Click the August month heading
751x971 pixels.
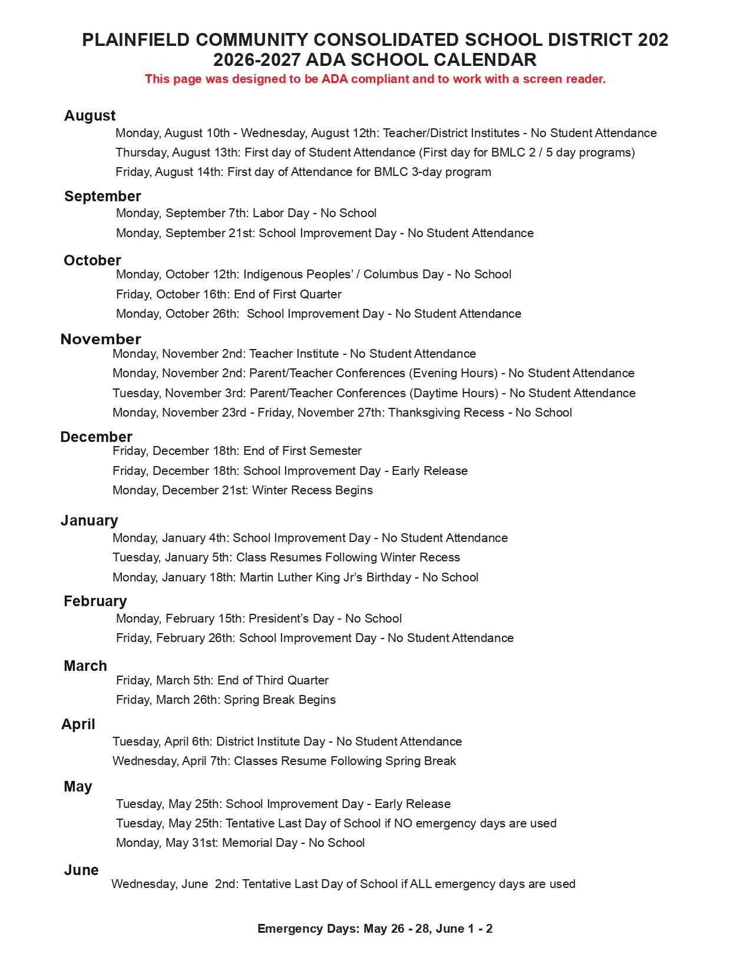(x=90, y=115)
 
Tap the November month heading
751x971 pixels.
(x=101, y=339)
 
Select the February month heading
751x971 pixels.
(x=95, y=601)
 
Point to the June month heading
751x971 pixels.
(x=81, y=870)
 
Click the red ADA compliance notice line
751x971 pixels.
(x=375, y=79)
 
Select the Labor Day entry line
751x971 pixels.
(x=246, y=213)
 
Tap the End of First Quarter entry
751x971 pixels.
(x=229, y=294)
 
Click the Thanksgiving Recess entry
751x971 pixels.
(x=342, y=413)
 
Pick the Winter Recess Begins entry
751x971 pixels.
(x=242, y=490)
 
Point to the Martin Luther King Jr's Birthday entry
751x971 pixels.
(x=295, y=577)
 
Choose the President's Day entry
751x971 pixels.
(x=259, y=618)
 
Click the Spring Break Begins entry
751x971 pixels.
(x=226, y=700)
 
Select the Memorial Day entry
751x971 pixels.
(x=240, y=843)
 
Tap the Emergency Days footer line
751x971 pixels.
(x=375, y=929)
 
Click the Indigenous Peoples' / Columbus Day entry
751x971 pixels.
(x=313, y=274)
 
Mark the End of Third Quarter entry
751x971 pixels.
(x=222, y=680)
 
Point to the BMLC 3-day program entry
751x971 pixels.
(x=303, y=172)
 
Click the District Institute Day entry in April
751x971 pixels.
(x=287, y=741)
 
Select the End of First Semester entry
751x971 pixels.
(x=237, y=451)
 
